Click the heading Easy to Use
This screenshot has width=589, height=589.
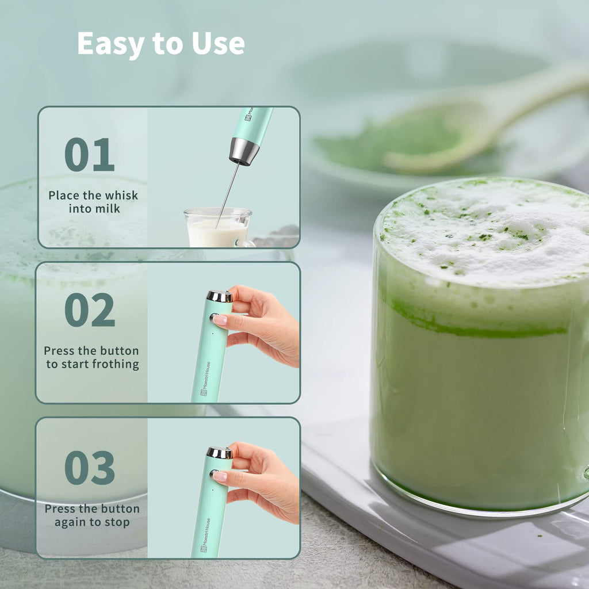tap(161, 44)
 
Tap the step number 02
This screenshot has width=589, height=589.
tap(89, 310)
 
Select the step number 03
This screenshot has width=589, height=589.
tap(89, 467)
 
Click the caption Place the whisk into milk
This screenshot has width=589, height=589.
tap(93, 202)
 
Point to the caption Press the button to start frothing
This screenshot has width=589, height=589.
tap(92, 357)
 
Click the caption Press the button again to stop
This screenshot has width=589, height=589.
tap(92, 515)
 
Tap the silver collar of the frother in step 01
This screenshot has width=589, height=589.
tap(244, 151)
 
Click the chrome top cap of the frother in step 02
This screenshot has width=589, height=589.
tap(220, 296)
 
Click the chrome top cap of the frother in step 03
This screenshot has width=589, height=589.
tap(219, 453)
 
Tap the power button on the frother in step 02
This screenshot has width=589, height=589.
tap(213, 317)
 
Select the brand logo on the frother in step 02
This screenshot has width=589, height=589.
tap(204, 380)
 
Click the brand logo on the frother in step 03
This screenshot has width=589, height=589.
tap(204, 535)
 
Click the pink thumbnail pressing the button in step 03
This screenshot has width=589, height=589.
tap(220, 476)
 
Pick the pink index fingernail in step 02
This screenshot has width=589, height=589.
tap(220, 320)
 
